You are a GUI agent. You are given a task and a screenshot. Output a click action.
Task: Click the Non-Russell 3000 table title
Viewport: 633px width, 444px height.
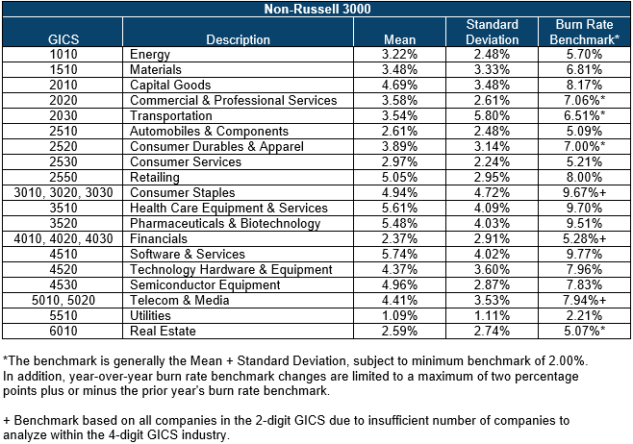316,9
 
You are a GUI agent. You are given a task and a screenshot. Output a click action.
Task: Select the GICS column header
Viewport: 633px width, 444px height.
63,39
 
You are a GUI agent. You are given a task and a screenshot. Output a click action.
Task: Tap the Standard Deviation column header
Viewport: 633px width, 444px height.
492,32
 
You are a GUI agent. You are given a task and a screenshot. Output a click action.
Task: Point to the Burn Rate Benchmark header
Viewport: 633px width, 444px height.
584,32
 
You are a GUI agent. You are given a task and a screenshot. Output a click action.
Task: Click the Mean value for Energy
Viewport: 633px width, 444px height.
399,54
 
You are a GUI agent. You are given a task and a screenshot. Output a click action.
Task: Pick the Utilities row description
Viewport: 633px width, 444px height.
150,315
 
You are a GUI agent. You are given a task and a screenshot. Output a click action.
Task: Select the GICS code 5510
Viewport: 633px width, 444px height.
63,315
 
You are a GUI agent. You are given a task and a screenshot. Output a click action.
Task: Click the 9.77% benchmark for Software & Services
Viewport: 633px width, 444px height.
584,254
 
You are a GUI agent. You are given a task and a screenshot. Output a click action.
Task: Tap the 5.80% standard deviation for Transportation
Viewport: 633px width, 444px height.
492,115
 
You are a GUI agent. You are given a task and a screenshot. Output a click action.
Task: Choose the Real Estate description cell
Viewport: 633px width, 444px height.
163,332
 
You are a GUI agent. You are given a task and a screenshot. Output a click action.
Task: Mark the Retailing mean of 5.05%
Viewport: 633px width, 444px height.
399,177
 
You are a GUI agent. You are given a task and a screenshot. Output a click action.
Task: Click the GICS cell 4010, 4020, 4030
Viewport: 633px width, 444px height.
63,238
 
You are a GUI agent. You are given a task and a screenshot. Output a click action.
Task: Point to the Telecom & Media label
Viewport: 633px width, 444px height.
179,300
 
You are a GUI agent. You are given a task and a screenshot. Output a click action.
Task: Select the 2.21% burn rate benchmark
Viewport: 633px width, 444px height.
584,315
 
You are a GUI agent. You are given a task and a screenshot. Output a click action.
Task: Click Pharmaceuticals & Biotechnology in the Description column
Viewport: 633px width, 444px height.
225,223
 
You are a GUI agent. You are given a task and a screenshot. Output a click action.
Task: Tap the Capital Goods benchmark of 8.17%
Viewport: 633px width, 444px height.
584,86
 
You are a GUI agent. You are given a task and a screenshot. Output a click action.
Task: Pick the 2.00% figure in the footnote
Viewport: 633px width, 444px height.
566,360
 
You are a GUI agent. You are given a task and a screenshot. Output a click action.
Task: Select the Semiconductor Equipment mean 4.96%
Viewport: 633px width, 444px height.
399,284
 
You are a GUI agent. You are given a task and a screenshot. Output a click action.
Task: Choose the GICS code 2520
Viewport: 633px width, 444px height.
63,146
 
